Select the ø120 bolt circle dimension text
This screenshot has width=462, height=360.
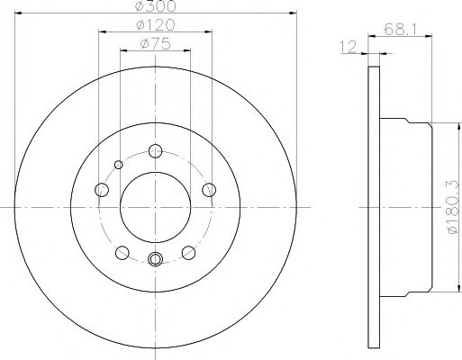coord(155,24)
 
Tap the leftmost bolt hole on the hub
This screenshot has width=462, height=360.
coord(102,189)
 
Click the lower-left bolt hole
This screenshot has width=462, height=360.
coord(122,252)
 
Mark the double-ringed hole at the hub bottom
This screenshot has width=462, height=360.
coord(155,261)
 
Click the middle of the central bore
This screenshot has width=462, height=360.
coord(155,206)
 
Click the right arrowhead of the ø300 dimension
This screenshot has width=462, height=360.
coord(294,13)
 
